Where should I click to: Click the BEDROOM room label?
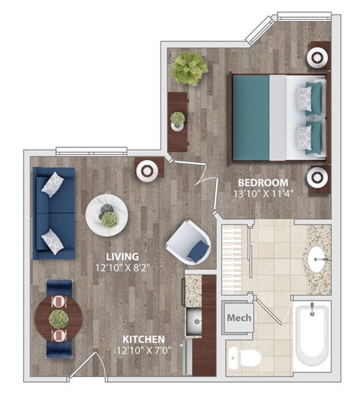click(262, 182)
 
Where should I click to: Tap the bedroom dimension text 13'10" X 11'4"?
click(262, 194)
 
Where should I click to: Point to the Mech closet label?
click(238, 318)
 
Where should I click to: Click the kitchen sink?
click(196, 322)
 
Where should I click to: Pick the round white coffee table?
click(107, 214)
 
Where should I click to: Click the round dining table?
click(58, 318)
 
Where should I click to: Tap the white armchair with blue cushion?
click(188, 242)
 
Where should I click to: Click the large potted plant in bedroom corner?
click(189, 67)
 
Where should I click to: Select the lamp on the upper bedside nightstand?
click(317, 57)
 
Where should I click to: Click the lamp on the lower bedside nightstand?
click(317, 178)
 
